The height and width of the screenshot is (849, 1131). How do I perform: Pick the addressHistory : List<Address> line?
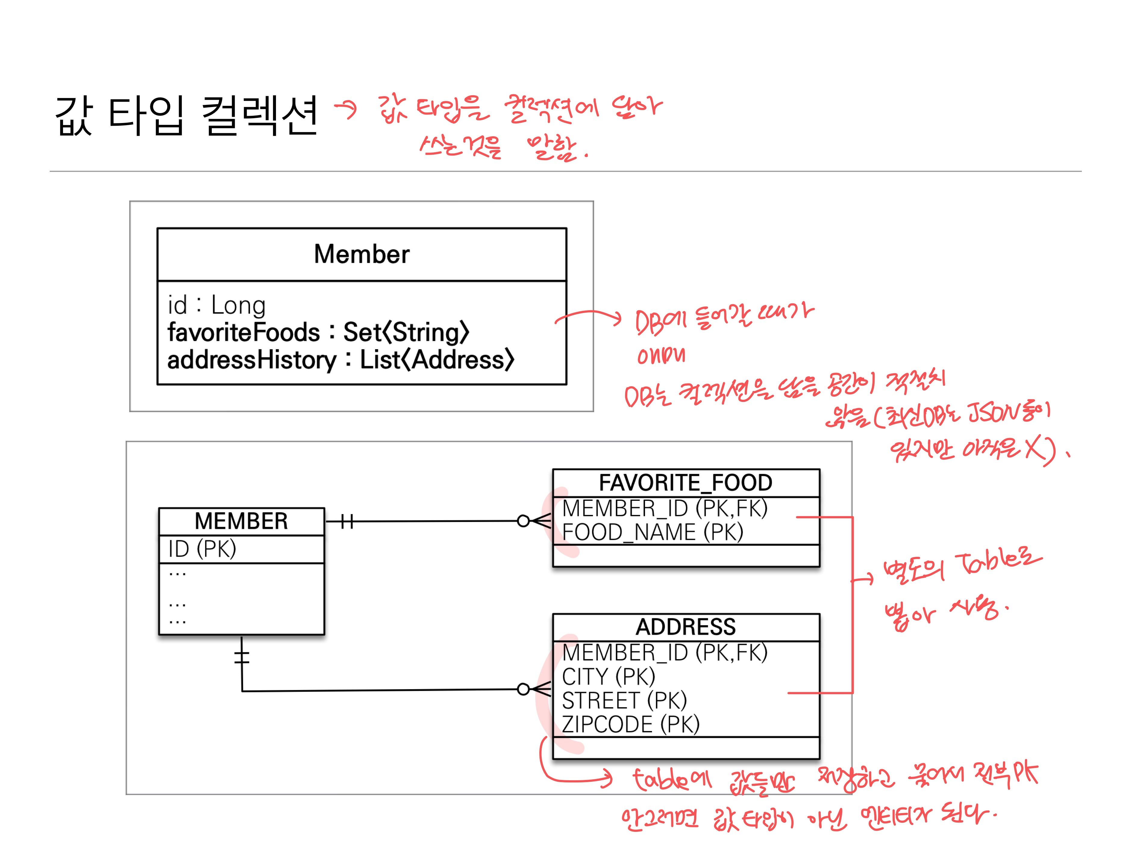pos(340,360)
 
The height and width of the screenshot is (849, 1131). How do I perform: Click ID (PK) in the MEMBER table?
pos(202,549)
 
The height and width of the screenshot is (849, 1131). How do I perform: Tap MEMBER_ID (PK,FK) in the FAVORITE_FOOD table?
pos(664,509)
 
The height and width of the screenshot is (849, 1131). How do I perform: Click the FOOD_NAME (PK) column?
pos(652,532)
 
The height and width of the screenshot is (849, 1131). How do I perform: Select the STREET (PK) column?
pos(624,701)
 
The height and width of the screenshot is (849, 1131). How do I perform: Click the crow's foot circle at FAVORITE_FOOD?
pos(523,521)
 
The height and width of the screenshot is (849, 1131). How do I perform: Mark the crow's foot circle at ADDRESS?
pos(523,689)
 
